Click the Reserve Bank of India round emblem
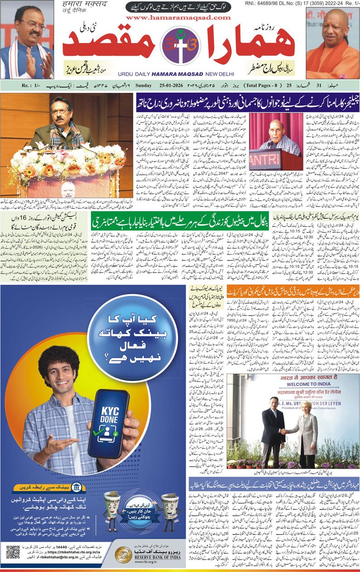pos(121,555)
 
